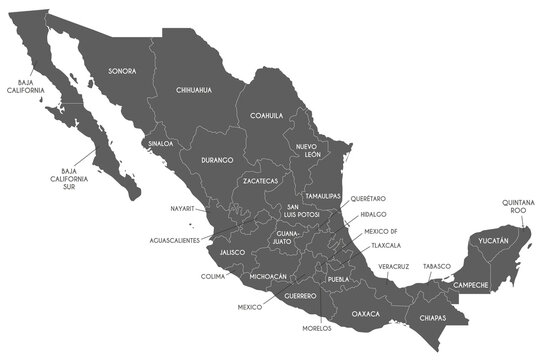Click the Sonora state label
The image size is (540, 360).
click(122, 72)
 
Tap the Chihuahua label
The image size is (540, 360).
click(194, 90)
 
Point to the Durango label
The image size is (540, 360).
click(216, 160)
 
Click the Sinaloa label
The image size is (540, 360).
click(161, 144)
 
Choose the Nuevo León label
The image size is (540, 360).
click(306, 152)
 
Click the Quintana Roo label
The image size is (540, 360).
click(519, 207)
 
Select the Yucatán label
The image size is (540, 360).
click(492, 241)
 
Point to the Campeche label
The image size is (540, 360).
click(470, 285)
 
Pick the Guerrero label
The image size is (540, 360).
click(300, 296)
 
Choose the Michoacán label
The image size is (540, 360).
click(268, 276)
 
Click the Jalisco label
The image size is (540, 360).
click(233, 253)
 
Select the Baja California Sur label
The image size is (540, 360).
click(75, 178)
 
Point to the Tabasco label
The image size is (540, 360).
click(437, 266)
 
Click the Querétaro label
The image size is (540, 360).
click(368, 199)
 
